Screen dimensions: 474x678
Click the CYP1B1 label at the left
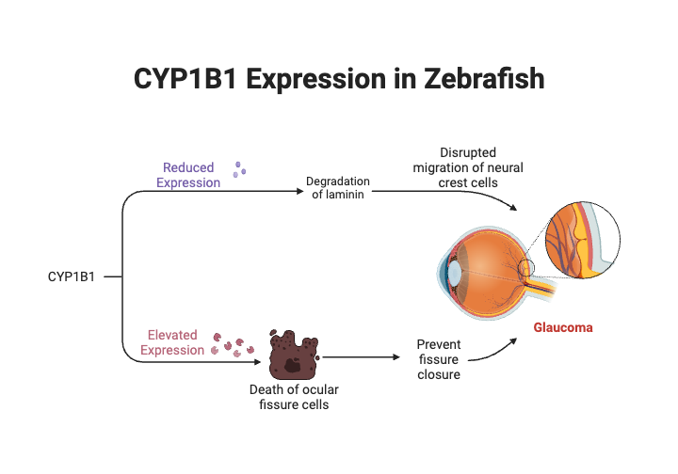[72, 276]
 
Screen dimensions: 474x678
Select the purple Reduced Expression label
[188, 175]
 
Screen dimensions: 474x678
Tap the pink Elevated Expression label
[172, 342]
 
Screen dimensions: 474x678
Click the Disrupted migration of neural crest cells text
[468, 166]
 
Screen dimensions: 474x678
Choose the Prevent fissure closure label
[439, 359]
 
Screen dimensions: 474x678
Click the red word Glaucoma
[563, 328]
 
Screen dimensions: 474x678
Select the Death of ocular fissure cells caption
[294, 397]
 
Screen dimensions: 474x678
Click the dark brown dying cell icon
[293, 355]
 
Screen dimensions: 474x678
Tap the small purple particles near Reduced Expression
[240, 169]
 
